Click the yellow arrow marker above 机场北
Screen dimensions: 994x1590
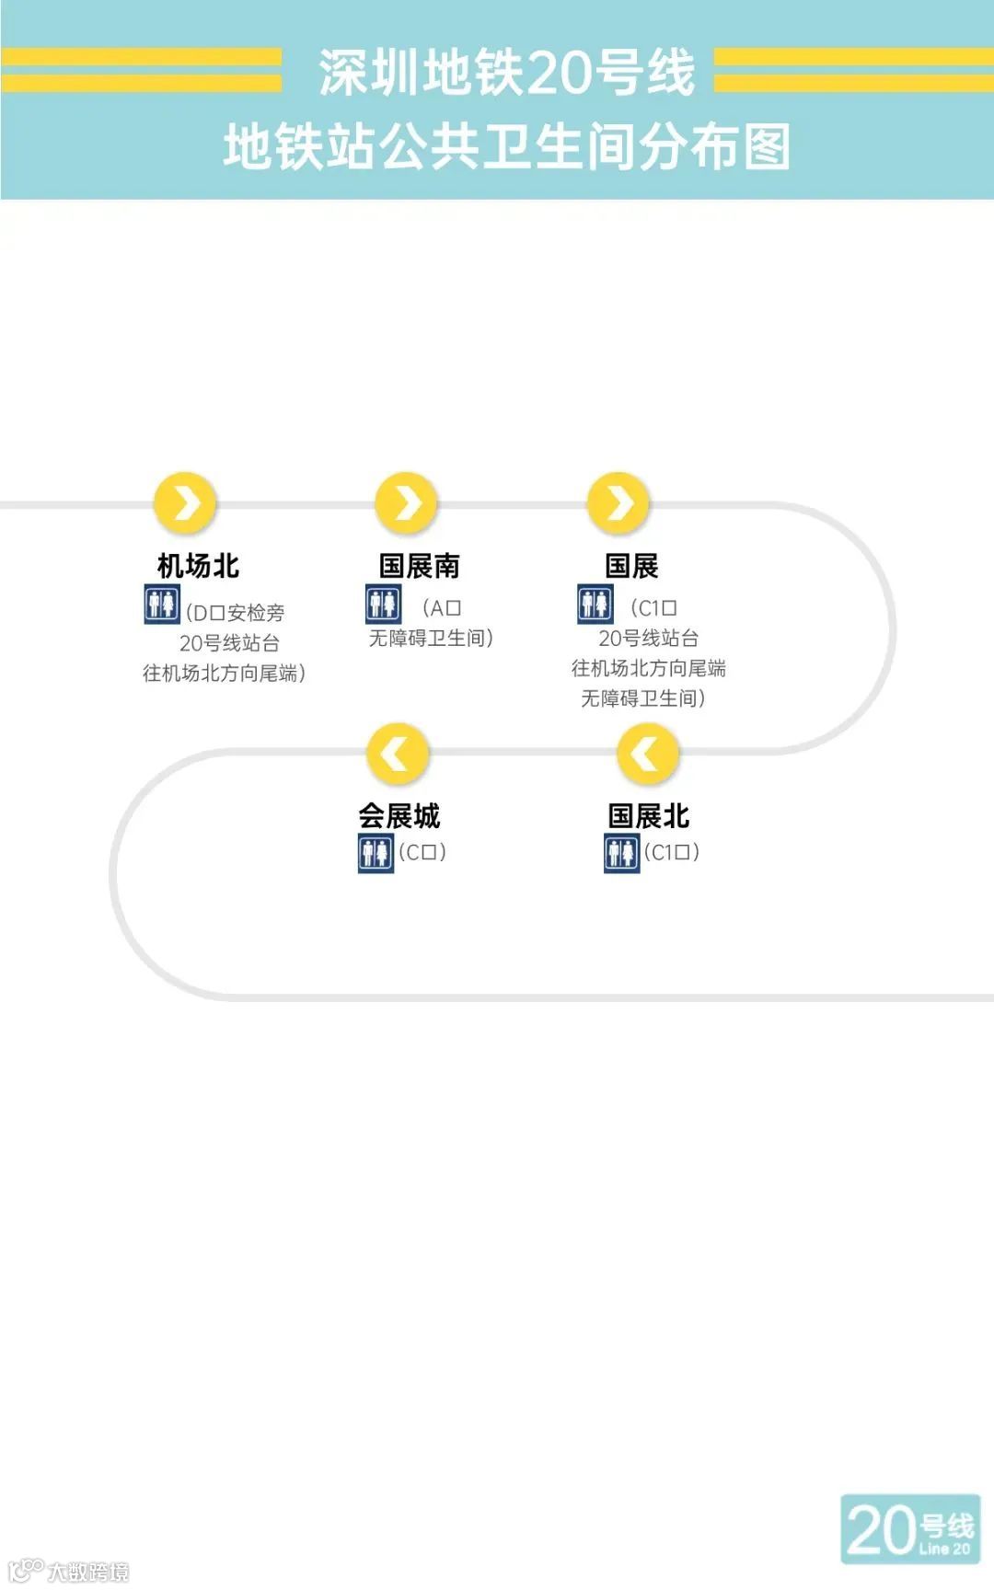coord(185,503)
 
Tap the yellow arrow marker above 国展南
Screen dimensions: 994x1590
coord(406,502)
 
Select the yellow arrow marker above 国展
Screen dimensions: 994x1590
coord(618,502)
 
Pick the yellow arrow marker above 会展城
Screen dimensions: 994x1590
coord(398,754)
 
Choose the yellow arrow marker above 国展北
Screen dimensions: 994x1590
coord(648,754)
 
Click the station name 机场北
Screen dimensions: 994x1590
coord(198,566)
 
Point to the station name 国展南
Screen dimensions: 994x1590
coord(419,566)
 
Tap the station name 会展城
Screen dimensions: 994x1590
coord(399,816)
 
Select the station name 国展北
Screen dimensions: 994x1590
coord(648,816)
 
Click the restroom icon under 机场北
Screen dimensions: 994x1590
coord(161,605)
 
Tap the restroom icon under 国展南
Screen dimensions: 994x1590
coord(383,604)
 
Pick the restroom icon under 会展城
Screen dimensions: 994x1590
coord(375,853)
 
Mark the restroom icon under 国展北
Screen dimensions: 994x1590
coord(621,853)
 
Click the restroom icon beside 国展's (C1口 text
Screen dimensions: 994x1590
coord(595,604)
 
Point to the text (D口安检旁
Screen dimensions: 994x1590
coord(236,613)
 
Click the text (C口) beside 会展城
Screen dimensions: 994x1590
coord(422,852)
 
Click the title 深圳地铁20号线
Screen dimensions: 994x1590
coord(506,73)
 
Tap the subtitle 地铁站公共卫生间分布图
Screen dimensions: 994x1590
coord(506,147)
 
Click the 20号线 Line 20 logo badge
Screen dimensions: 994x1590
coord(909,1528)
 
